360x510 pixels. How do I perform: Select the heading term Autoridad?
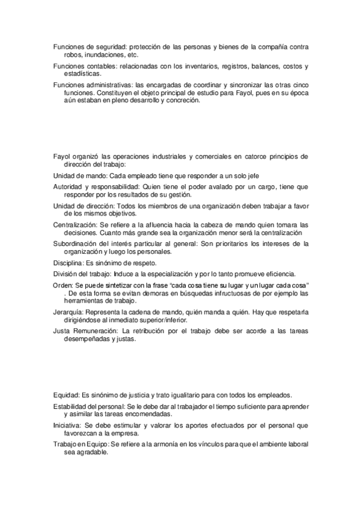click(x=69, y=186)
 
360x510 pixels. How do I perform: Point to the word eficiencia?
click(x=275, y=274)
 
